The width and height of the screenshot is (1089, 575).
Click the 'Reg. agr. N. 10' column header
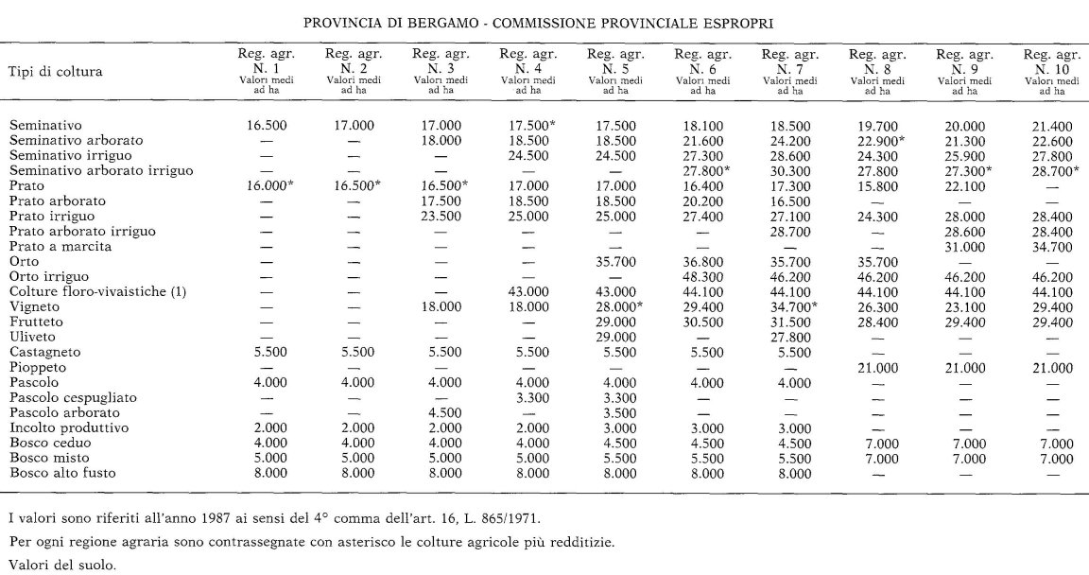click(1051, 71)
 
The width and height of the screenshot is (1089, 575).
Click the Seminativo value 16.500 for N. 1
click(266, 125)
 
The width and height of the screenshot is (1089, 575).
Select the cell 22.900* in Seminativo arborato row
click(878, 140)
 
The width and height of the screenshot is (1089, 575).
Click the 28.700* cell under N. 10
click(1053, 170)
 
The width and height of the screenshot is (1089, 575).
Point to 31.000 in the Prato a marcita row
click(964, 247)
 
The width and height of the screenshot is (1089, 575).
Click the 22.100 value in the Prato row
click(964, 185)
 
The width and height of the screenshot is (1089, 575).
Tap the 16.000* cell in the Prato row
click(269, 185)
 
